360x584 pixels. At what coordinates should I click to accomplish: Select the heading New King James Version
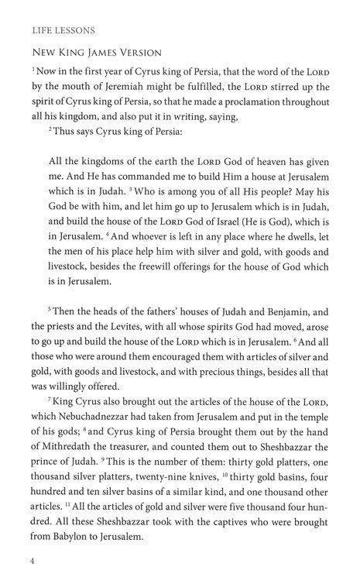click(x=89, y=53)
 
